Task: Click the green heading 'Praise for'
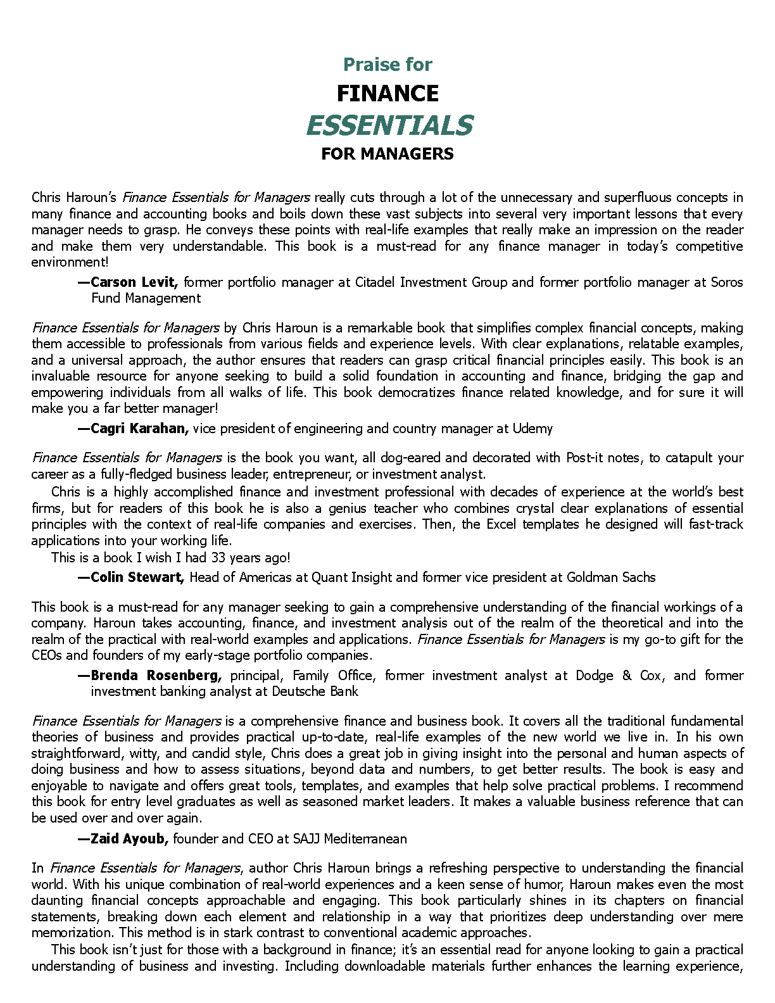point(387,65)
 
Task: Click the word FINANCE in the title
point(387,94)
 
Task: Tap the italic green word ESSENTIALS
point(389,125)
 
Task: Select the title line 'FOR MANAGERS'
point(387,154)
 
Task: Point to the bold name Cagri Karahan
point(139,429)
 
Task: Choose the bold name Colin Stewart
point(137,577)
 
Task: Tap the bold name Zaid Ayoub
point(129,839)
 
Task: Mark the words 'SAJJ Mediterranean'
point(350,839)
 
